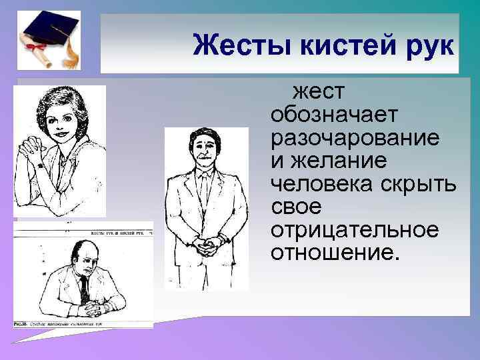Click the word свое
[x=297, y=207]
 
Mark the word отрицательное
[x=355, y=230]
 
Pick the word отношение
[x=333, y=253]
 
